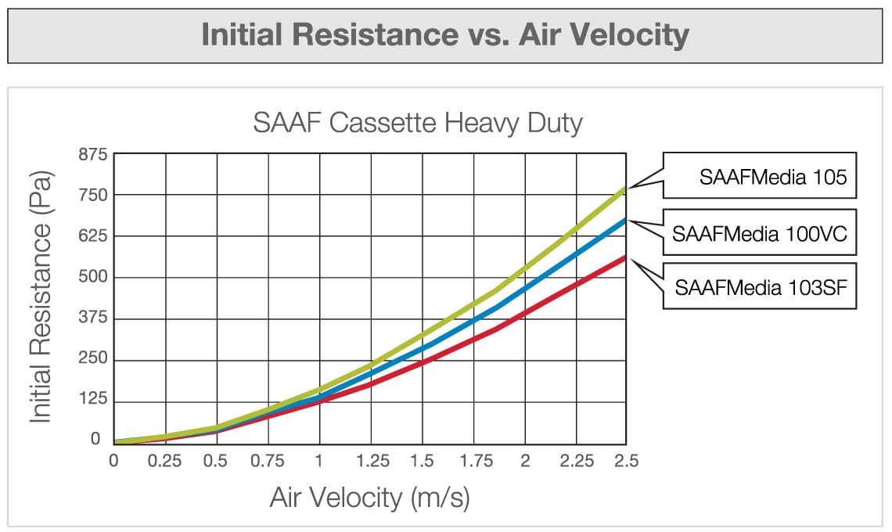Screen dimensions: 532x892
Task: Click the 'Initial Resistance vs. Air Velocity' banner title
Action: (445, 35)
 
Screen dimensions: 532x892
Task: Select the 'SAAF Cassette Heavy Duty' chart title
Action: (418, 124)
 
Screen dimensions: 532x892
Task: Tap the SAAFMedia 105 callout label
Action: (772, 177)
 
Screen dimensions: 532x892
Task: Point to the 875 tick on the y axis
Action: (92, 154)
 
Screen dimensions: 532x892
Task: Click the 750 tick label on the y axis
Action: (92, 195)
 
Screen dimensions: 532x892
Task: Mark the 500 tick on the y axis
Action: (92, 278)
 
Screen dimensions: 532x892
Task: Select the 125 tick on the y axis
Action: (92, 402)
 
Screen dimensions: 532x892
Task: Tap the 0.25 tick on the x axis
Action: (164, 461)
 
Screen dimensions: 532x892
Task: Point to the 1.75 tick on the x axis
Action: (474, 461)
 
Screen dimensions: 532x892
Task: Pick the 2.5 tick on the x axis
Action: (625, 461)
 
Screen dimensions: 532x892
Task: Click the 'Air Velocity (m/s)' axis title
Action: (369, 498)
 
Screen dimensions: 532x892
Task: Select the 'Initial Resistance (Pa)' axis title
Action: (41, 297)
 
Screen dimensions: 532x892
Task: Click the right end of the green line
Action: (625, 189)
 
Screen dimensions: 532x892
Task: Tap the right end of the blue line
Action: (625, 221)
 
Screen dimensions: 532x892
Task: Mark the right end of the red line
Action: (625, 257)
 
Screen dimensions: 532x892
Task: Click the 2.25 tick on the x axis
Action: (576, 461)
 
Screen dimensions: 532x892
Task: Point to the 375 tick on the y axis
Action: (92, 319)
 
